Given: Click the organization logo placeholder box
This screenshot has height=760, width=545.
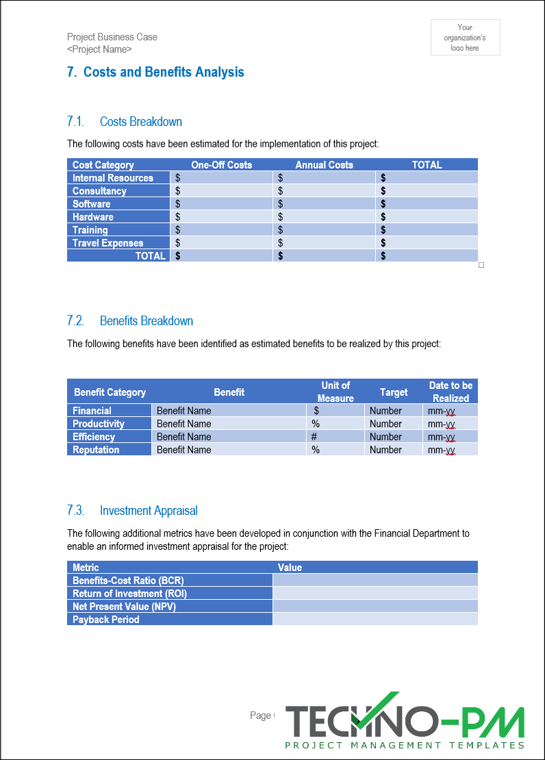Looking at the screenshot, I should [x=465, y=37].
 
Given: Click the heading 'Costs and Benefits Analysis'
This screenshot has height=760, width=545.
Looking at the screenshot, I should [x=164, y=72].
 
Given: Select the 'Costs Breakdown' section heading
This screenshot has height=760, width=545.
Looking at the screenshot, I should [x=140, y=122].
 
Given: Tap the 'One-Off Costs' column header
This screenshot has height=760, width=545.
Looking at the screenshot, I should [x=221, y=164].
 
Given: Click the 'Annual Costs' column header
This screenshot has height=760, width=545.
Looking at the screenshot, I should [x=324, y=164].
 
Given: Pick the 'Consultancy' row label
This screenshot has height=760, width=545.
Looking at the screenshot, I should [x=100, y=191].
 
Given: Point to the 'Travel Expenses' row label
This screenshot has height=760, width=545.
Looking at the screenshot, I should [x=108, y=243].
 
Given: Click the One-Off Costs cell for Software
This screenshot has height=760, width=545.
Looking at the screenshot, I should [x=221, y=204].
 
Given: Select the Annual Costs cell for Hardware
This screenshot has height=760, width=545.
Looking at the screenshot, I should [x=324, y=217].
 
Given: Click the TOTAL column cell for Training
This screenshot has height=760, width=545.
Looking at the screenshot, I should [x=427, y=230].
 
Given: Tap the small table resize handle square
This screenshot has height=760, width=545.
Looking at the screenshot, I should [x=481, y=265].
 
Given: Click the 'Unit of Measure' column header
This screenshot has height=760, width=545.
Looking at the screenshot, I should [x=335, y=392].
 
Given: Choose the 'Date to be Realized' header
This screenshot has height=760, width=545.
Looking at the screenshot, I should [x=451, y=392].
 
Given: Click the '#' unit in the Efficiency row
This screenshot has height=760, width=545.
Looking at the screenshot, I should [x=314, y=437].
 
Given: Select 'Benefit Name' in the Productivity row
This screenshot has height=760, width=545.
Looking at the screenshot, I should [x=184, y=424].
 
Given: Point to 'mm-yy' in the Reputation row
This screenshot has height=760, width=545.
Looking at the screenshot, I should [x=442, y=450].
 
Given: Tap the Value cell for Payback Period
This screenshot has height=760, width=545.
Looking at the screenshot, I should [x=375, y=620].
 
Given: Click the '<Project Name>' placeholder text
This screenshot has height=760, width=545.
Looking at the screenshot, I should [x=99, y=49].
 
